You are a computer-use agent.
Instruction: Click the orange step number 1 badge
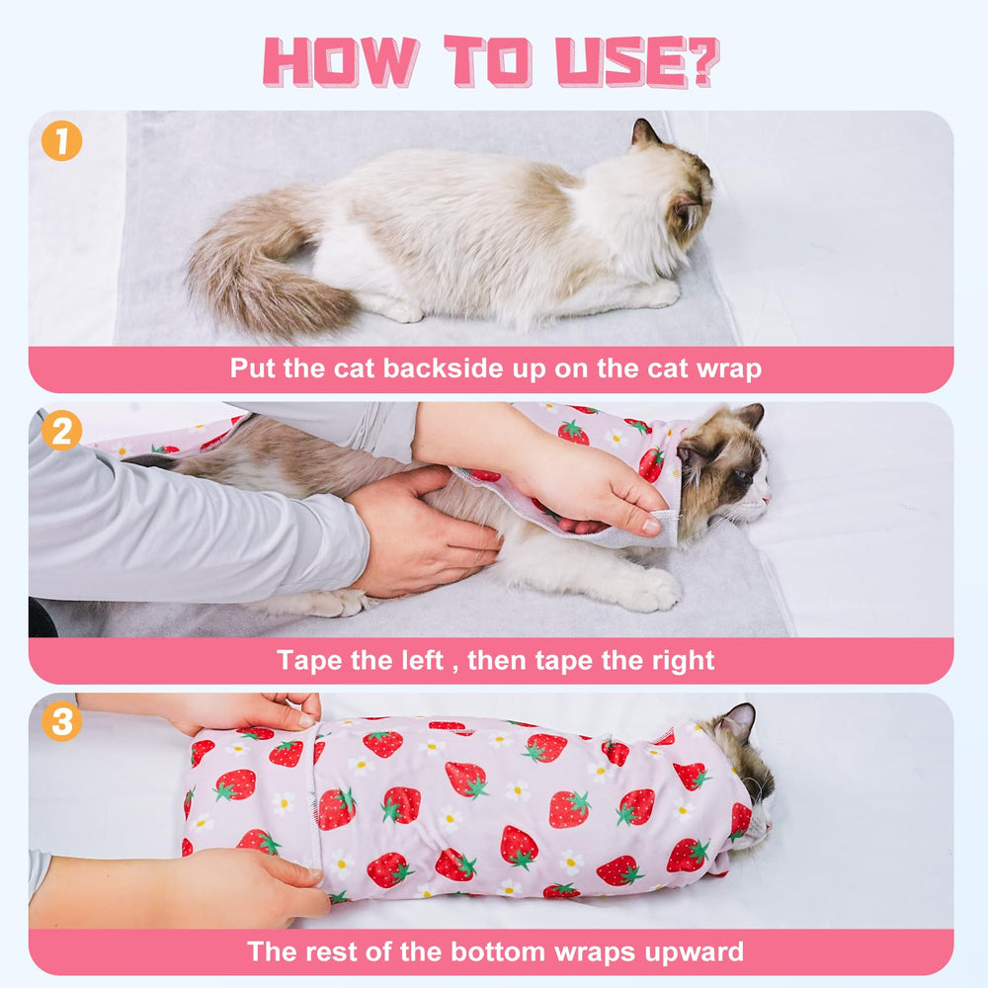[61, 141]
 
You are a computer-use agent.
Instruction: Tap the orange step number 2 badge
[61, 432]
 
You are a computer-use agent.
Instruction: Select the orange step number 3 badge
[61, 722]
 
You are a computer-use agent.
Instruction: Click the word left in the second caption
[416, 660]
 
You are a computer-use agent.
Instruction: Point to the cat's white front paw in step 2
[647, 591]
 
